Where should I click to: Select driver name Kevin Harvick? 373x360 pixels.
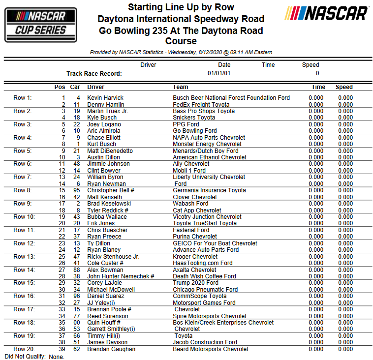pos(105,98)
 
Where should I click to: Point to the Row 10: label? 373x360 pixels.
pos(24,217)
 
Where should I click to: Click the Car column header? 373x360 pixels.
pos(75,87)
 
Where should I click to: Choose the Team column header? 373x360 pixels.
pos(180,87)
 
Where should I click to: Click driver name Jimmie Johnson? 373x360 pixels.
pos(108,164)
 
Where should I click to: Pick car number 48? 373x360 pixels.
pos(76,164)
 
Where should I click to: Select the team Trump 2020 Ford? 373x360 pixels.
pos(195,283)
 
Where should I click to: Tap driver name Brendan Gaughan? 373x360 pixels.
pos(111,349)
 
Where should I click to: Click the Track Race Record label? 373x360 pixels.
pos(94,74)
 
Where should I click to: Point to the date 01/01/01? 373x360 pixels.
pos(219,73)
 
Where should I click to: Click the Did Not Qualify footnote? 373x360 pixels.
pos(34,356)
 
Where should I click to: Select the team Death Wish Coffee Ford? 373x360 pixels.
pos(204,276)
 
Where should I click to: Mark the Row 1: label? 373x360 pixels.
pos(23,98)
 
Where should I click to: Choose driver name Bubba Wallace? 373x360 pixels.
pos(107,217)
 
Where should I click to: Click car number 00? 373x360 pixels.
pos(76,323)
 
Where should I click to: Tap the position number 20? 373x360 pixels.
pos(62,223)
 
